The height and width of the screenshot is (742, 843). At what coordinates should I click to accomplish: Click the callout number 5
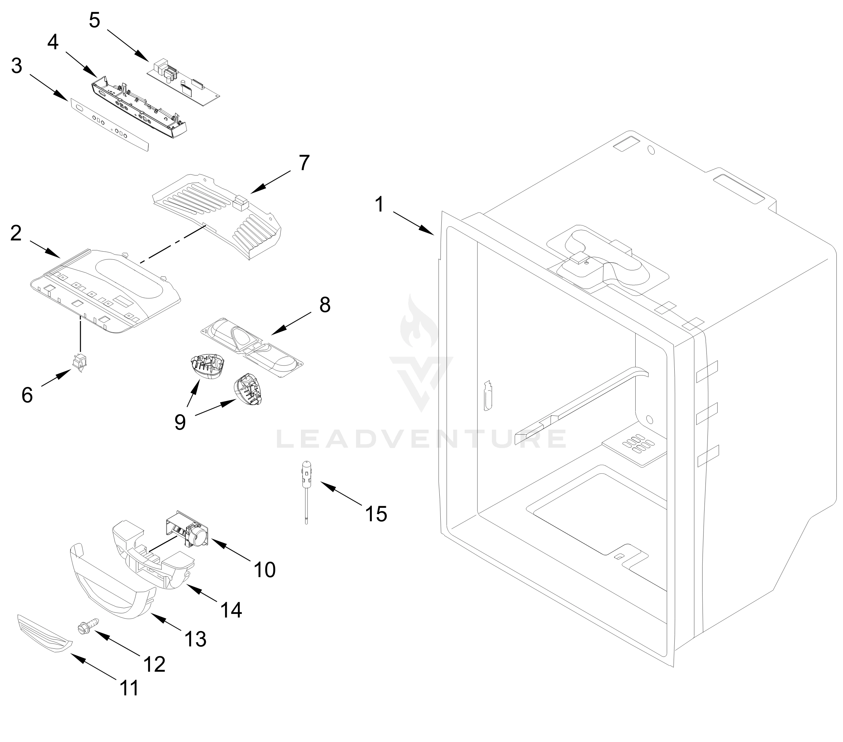95,20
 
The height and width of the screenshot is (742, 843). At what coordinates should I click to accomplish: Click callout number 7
304,163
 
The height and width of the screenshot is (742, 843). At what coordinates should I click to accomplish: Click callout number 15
376,514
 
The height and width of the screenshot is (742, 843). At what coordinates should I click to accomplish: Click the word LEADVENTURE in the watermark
421,439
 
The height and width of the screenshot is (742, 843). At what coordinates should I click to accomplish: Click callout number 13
195,639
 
